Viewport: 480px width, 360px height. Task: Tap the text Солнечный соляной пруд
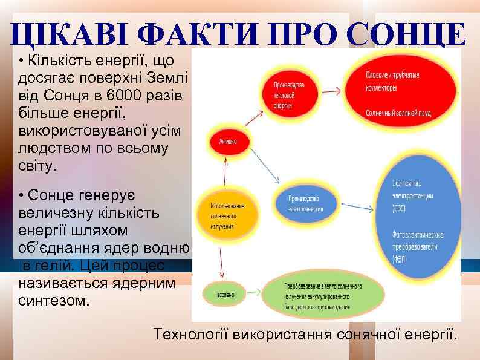point(399,113)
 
